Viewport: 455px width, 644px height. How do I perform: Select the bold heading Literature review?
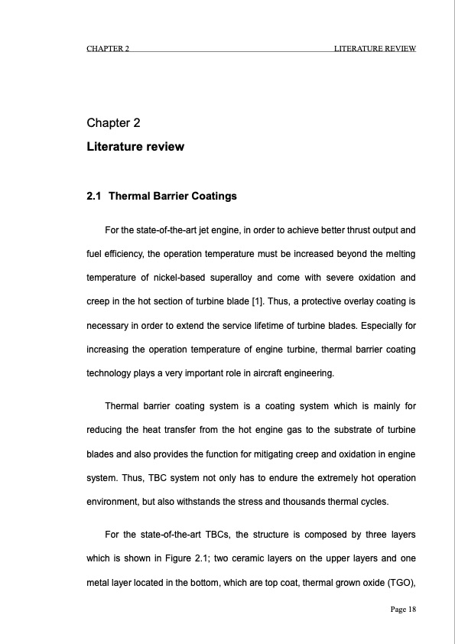(135, 146)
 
